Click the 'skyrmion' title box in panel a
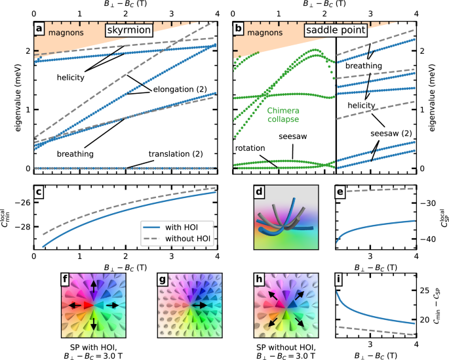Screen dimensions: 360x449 (x=130, y=30)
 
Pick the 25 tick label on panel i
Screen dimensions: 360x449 (x=426, y=290)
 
